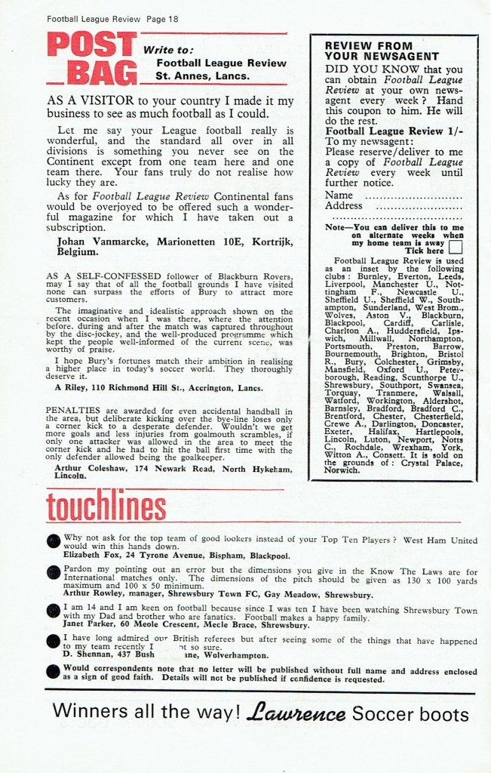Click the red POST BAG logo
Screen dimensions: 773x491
[x=92, y=59]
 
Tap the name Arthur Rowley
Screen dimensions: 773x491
[x=97, y=595]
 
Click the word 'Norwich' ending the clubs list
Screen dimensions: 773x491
[x=342, y=470]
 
